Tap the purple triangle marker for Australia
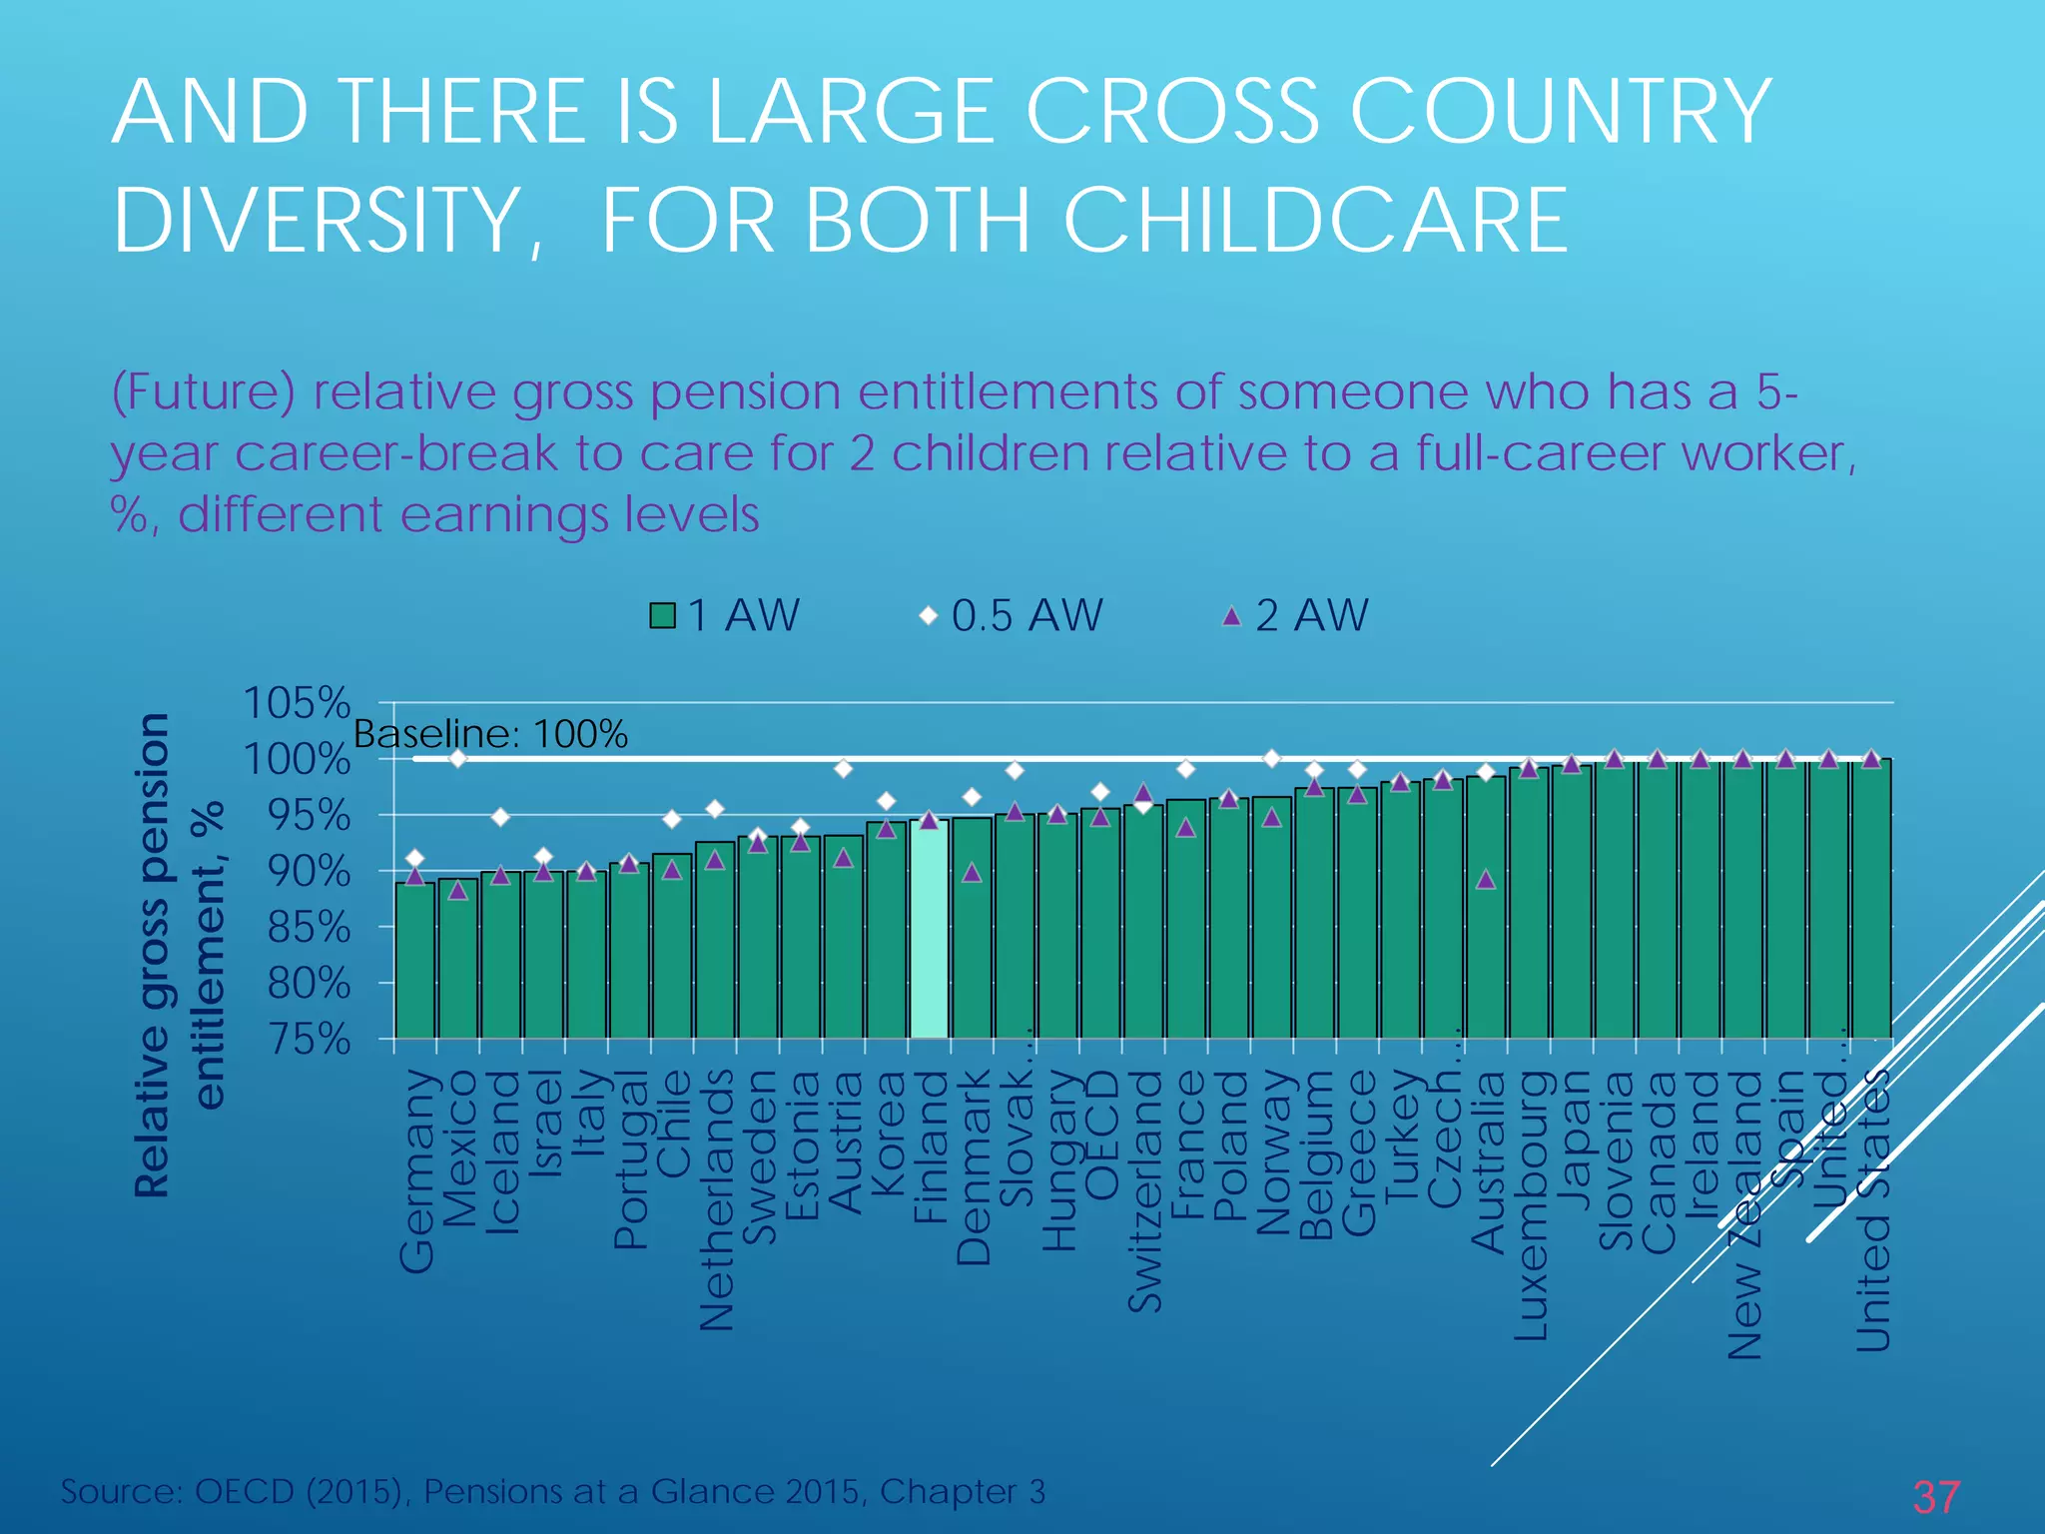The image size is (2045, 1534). click(x=1486, y=880)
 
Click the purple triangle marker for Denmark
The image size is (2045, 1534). click(x=972, y=874)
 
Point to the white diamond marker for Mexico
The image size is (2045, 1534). click(x=458, y=759)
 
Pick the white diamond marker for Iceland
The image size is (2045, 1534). click(x=501, y=818)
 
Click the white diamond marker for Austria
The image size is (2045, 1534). click(x=844, y=768)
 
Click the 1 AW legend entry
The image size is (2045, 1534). click(x=726, y=615)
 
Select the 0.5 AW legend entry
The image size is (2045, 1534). click(x=1012, y=615)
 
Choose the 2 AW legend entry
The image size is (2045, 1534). click(x=1296, y=615)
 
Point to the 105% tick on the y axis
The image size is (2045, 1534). click(x=297, y=703)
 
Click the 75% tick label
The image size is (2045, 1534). click(x=309, y=1041)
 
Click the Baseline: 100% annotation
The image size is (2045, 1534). click(x=490, y=735)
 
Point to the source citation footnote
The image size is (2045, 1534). click(x=553, y=1491)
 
